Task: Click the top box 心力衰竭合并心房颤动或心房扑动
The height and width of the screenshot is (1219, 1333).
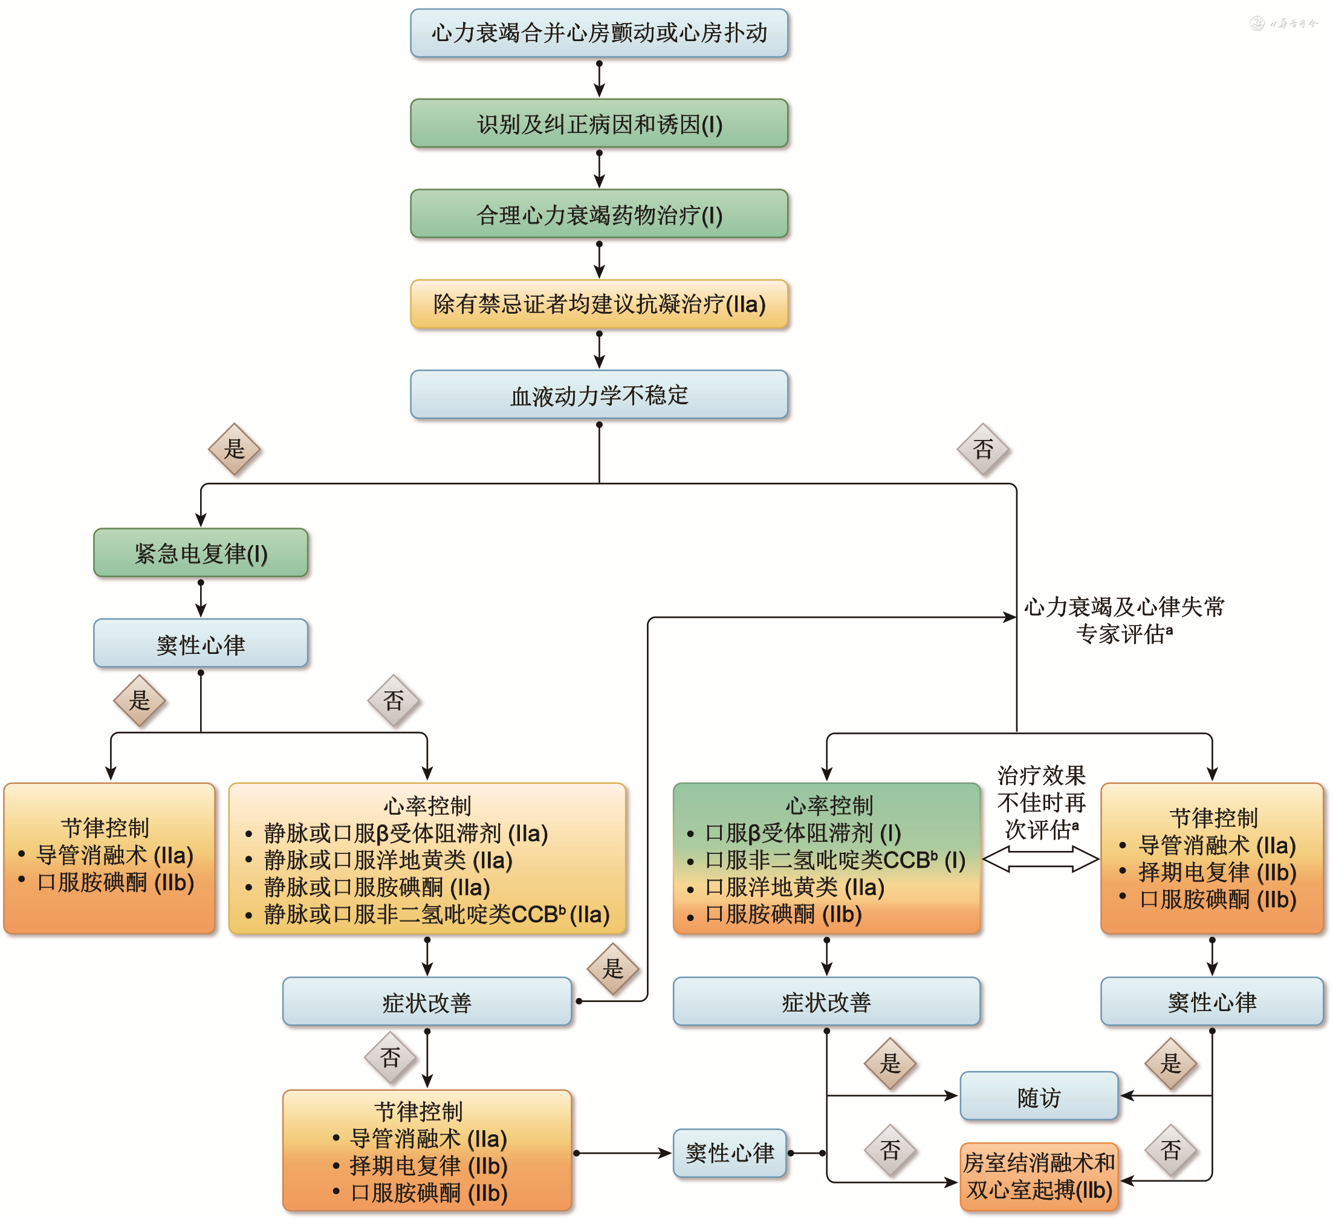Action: [x=598, y=33]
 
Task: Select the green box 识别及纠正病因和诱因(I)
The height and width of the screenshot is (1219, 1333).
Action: [x=598, y=124]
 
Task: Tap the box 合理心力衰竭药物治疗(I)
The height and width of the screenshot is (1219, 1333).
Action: [x=598, y=214]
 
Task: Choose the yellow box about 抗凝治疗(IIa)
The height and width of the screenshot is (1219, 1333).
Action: [x=598, y=304]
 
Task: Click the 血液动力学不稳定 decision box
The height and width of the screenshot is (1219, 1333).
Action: [x=598, y=395]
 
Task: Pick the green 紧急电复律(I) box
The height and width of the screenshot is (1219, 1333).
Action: [x=200, y=552]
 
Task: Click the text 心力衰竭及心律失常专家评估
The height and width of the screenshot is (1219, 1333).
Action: [x=1123, y=620]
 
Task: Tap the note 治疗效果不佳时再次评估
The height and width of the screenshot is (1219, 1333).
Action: [x=1041, y=802]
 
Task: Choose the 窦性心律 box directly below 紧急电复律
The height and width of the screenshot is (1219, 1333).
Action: [x=200, y=644]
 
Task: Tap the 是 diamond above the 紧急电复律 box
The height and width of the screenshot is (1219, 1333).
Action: [x=234, y=450]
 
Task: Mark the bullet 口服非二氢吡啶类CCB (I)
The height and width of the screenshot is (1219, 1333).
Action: [x=834, y=860]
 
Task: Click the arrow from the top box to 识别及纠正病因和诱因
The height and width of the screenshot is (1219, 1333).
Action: [x=599, y=79]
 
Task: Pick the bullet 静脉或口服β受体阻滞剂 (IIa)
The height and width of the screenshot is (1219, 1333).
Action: [x=405, y=833]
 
